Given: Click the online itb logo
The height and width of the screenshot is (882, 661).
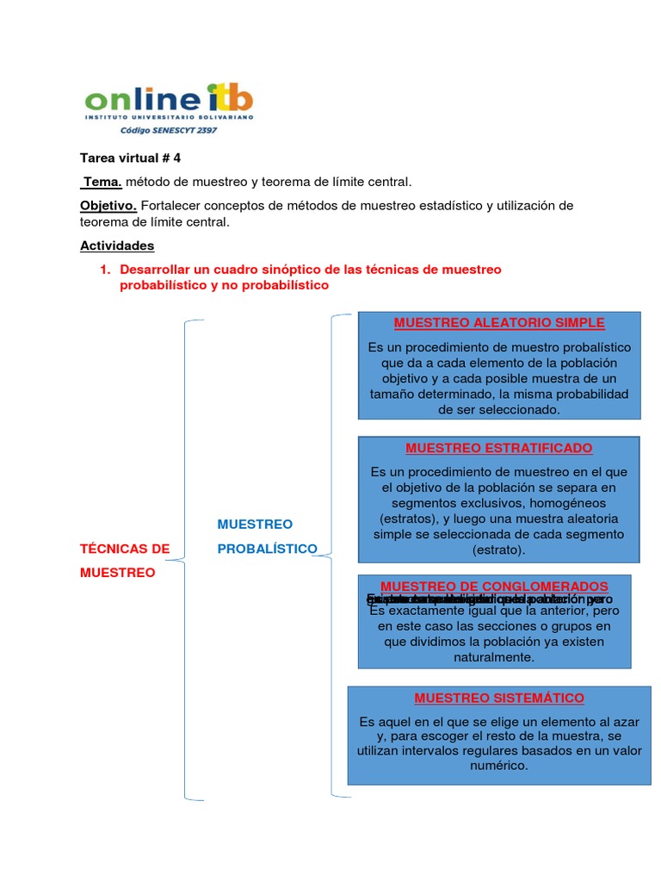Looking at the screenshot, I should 169,102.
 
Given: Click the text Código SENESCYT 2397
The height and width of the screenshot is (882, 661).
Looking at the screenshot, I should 168,131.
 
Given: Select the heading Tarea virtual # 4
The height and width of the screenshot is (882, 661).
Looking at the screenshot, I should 130,158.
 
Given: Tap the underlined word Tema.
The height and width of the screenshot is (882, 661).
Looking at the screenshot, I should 102,182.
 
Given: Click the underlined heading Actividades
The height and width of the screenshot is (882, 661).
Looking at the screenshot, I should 117,245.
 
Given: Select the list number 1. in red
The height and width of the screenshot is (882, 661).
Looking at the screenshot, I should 105,270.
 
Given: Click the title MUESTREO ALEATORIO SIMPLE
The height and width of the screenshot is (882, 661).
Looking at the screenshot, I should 499,323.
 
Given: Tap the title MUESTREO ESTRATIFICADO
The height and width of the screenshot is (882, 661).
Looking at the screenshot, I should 499,449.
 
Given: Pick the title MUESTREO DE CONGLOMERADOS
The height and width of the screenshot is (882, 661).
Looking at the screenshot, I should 494,586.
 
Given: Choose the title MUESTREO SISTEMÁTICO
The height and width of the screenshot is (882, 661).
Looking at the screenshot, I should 499,698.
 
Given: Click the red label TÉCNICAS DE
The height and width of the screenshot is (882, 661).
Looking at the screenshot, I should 125,549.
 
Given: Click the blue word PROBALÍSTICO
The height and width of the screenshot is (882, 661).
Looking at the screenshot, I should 267,549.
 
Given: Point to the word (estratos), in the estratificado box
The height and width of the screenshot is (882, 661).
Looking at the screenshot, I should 409,519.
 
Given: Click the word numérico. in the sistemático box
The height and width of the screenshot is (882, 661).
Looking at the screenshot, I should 499,765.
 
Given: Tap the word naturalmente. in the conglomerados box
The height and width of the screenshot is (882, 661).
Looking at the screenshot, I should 494,657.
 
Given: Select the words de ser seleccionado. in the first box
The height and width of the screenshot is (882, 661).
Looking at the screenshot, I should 499,410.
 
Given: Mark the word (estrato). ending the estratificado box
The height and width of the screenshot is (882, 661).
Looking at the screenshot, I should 499,550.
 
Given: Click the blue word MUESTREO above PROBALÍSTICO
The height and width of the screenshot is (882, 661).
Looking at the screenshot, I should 255,524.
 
